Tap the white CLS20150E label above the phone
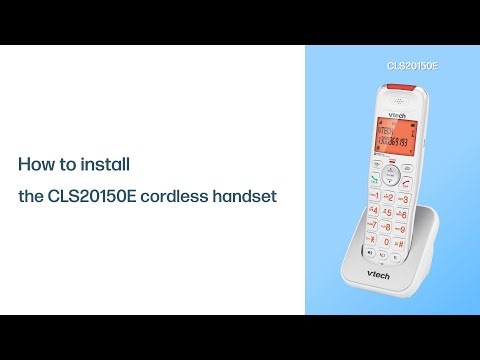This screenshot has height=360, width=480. pyautogui.click(x=413, y=66)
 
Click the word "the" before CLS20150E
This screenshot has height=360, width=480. pyautogui.click(x=30, y=197)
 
